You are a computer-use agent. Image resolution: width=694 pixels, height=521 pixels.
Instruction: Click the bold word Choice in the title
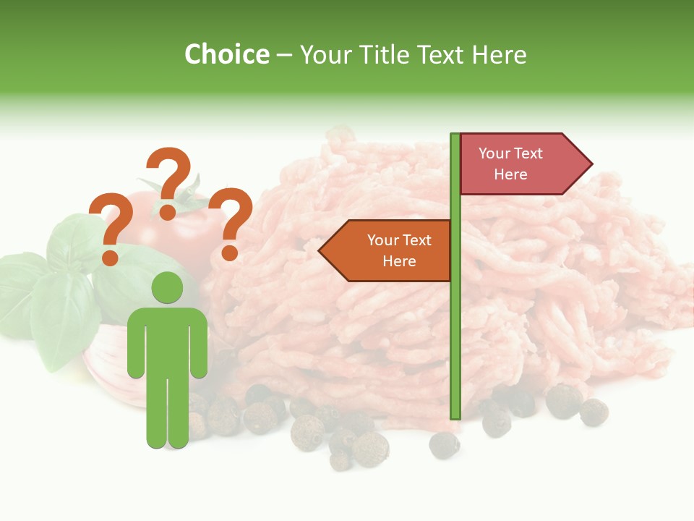(x=226, y=55)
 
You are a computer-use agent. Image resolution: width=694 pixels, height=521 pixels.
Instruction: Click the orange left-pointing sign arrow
(x=390, y=250)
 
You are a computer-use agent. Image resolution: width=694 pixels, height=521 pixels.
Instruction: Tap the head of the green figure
(x=168, y=288)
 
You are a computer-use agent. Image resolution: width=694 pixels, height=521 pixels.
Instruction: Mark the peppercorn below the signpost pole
(x=444, y=444)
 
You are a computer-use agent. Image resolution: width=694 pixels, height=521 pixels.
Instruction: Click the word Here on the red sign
(x=510, y=174)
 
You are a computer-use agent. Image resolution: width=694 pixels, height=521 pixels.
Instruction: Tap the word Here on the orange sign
(x=399, y=261)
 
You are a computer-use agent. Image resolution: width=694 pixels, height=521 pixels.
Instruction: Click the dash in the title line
(x=284, y=56)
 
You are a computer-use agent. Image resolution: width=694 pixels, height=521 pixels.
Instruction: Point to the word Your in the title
(x=326, y=55)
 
